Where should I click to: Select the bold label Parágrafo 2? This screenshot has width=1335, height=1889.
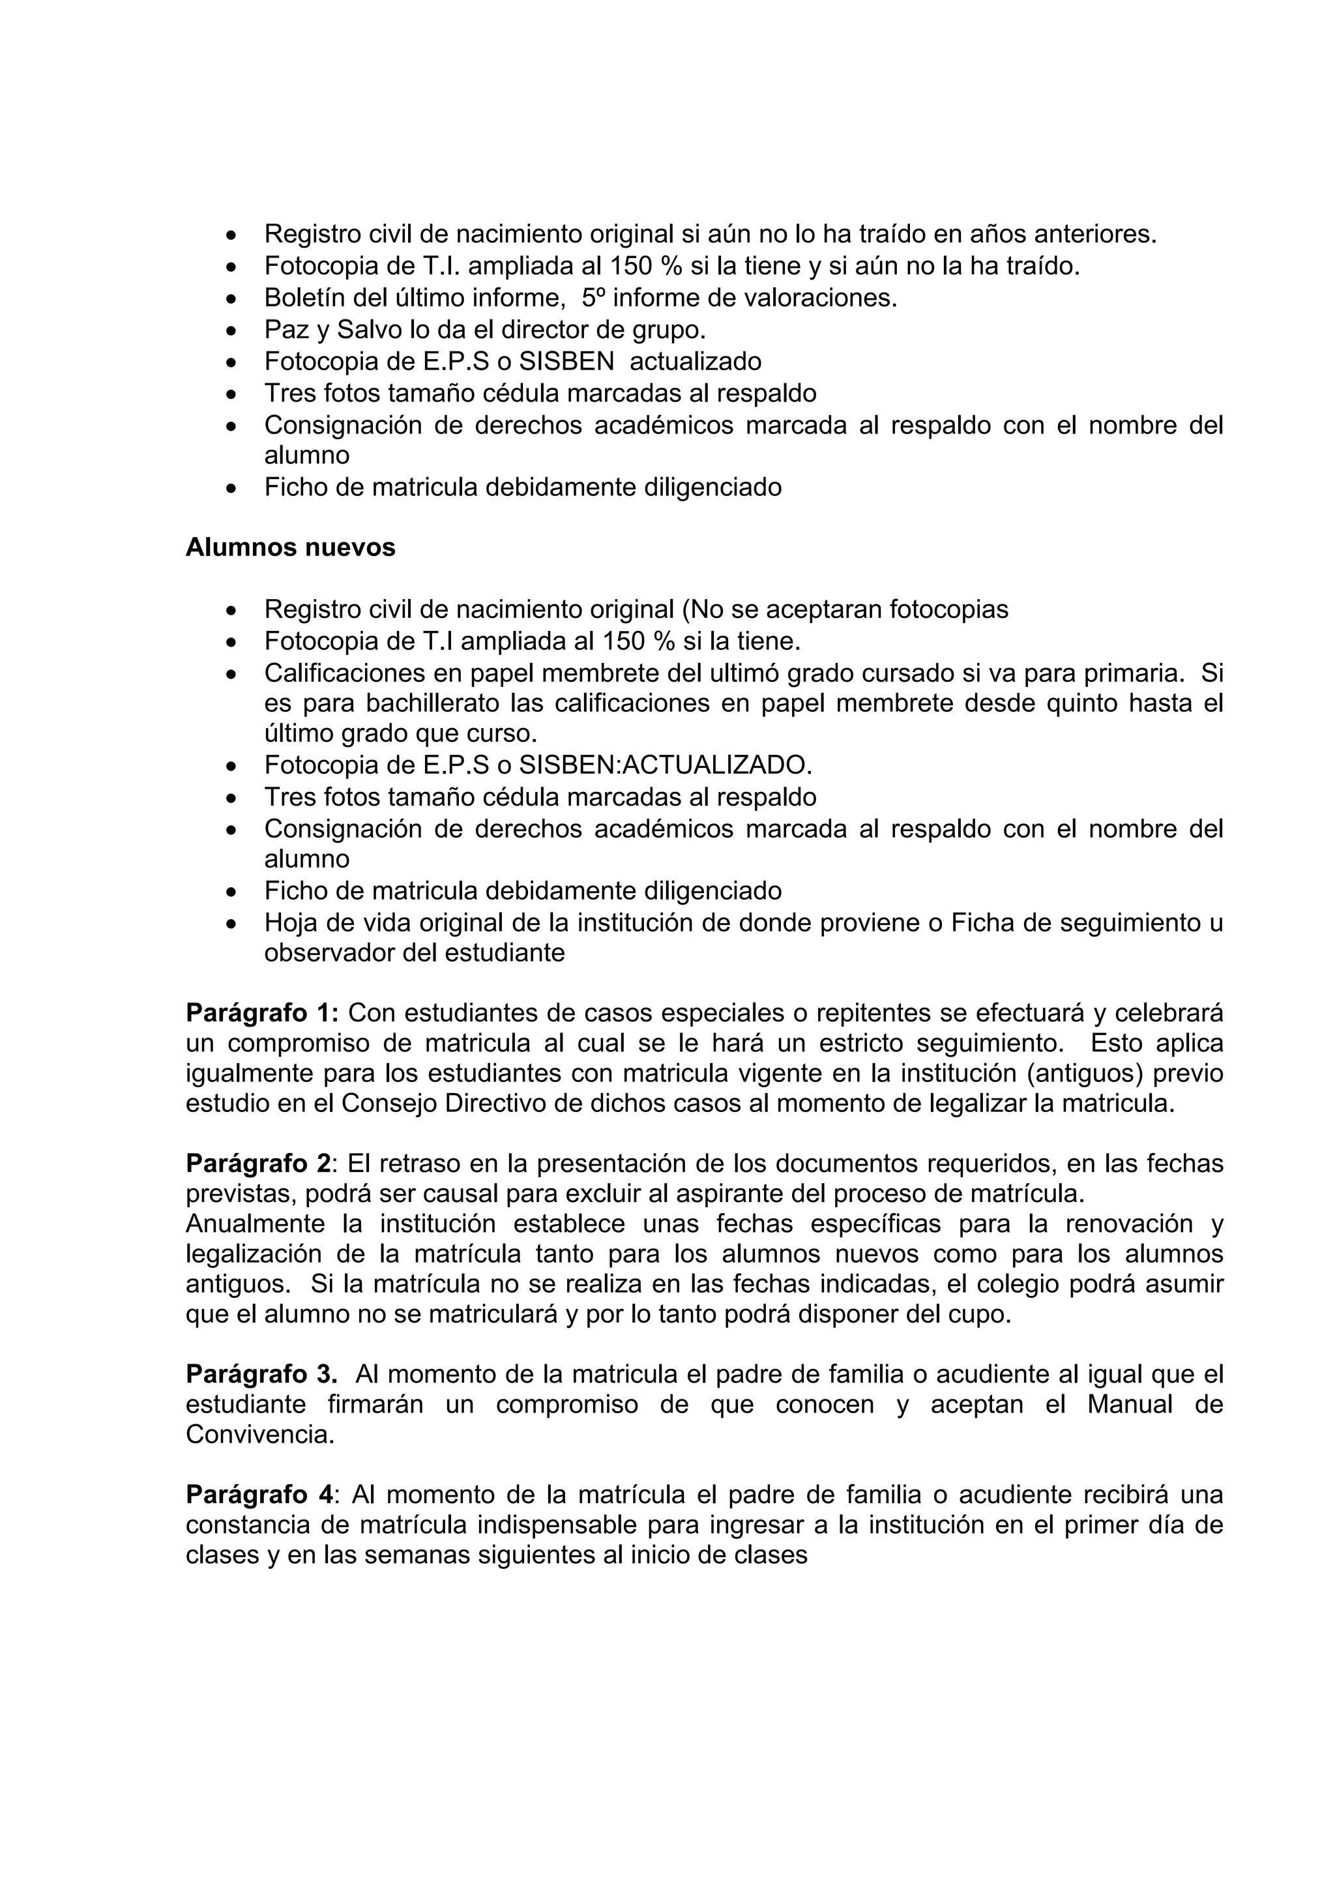[x=257, y=1164]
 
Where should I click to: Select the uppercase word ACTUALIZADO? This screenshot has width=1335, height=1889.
[x=715, y=765]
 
